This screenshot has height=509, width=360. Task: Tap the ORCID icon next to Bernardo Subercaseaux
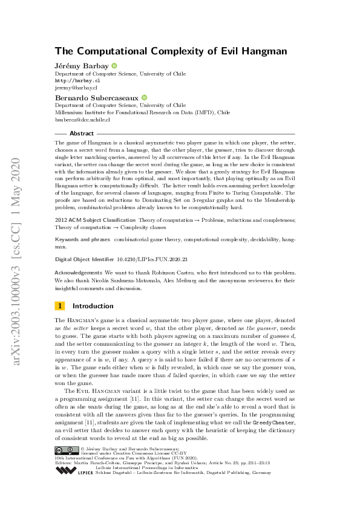click(145, 97)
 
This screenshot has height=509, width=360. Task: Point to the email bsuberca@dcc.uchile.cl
click(88, 120)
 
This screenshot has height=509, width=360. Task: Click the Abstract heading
click(82, 133)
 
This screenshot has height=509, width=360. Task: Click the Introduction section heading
click(93, 306)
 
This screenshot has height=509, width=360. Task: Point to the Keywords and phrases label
click(82, 239)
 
